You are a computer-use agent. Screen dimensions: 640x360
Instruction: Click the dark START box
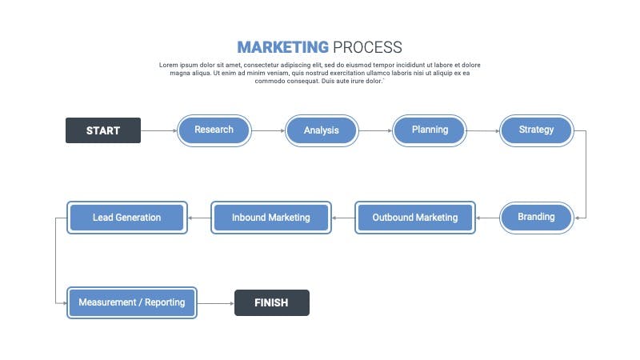(103, 130)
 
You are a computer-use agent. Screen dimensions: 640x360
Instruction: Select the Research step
(214, 130)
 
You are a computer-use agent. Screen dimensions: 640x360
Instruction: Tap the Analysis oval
(322, 130)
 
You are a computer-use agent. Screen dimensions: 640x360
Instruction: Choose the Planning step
(430, 130)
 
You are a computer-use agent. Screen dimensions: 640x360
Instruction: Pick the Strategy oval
(536, 130)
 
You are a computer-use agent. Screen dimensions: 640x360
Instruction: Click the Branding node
(536, 218)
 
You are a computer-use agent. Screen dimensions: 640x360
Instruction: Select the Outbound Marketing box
(415, 218)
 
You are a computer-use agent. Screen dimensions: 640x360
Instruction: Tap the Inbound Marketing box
(271, 218)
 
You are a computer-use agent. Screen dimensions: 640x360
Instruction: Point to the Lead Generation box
(127, 218)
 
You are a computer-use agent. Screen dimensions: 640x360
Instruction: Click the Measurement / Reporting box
(132, 303)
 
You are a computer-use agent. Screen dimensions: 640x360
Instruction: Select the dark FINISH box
(272, 303)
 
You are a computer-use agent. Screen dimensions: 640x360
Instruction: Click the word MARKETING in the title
(283, 47)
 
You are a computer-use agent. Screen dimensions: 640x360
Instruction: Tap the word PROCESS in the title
(367, 47)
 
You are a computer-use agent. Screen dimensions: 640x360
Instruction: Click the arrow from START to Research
(158, 130)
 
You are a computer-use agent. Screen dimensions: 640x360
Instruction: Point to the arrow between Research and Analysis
(268, 130)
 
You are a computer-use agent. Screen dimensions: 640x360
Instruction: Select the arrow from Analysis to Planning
(375, 130)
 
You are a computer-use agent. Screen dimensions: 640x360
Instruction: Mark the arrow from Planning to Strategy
(483, 130)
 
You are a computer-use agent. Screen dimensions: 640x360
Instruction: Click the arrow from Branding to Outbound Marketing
(488, 218)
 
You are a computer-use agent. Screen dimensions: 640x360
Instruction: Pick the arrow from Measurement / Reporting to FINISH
(216, 303)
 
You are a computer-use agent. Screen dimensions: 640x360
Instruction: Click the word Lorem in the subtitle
(169, 65)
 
